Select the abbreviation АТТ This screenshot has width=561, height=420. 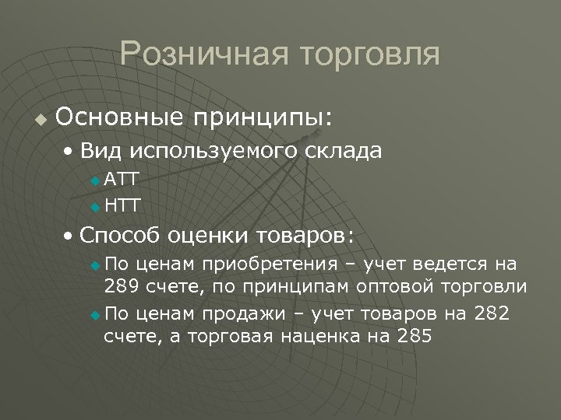click(122, 180)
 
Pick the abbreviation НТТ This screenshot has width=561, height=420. click(122, 206)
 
